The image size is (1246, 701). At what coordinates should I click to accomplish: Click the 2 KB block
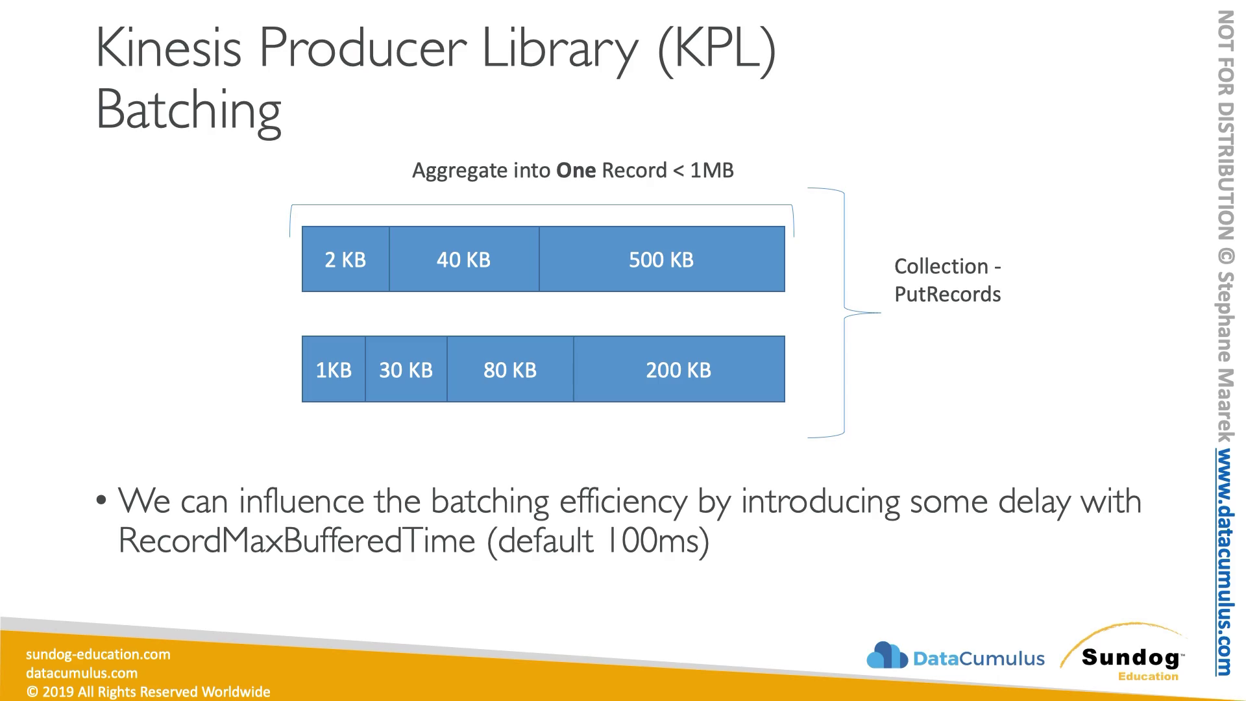(x=346, y=259)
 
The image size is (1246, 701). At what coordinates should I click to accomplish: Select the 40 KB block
(x=464, y=259)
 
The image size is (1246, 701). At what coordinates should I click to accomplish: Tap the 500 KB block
(x=662, y=259)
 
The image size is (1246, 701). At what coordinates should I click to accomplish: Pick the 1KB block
(x=334, y=369)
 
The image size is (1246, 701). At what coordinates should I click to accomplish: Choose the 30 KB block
(x=406, y=369)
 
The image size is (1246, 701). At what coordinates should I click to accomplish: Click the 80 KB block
(x=510, y=369)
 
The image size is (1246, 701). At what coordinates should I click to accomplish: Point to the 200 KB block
(x=679, y=369)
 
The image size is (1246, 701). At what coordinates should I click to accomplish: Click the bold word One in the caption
(x=576, y=170)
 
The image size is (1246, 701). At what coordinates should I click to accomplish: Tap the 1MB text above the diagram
(x=712, y=170)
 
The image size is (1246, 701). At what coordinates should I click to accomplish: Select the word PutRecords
(x=947, y=294)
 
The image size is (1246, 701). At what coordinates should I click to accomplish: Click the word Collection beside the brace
(x=941, y=266)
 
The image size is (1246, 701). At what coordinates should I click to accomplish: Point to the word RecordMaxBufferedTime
(x=297, y=541)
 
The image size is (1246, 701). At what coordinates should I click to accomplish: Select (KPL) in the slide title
(x=716, y=49)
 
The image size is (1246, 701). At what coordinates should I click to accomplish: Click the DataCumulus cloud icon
(x=887, y=656)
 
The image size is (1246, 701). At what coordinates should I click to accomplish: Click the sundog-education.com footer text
(x=98, y=654)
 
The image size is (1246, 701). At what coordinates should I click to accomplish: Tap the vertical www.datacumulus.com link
(x=1225, y=562)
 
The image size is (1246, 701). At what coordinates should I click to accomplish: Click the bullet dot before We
(x=101, y=500)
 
